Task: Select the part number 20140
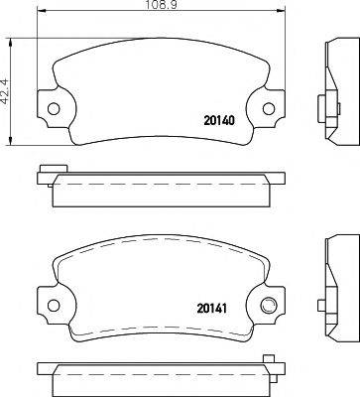219,121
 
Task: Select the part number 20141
211,309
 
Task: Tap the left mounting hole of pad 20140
54,108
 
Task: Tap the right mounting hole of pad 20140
269,108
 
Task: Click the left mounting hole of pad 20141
54,305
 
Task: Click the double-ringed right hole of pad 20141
268,305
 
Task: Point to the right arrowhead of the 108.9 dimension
281,12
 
